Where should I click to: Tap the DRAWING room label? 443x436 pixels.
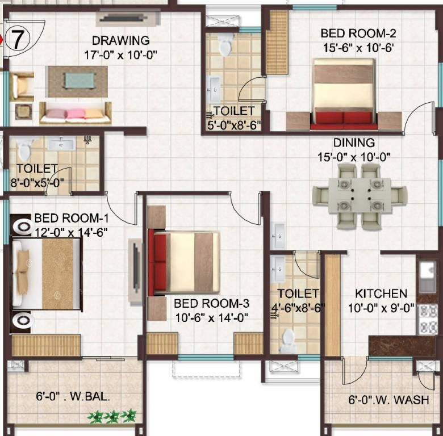coord(121,41)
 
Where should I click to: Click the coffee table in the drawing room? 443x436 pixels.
coord(76,81)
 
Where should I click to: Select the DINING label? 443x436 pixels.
coord(354,142)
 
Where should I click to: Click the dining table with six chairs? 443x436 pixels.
coord(359,195)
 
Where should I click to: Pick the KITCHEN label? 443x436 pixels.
coord(381,294)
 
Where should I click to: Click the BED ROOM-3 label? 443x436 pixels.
coord(211,303)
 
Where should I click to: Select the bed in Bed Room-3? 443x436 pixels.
coord(184,262)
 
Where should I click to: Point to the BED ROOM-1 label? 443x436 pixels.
coord(71,218)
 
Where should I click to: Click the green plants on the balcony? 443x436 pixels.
coord(112,417)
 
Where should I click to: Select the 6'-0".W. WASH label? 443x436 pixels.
coord(388,400)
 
